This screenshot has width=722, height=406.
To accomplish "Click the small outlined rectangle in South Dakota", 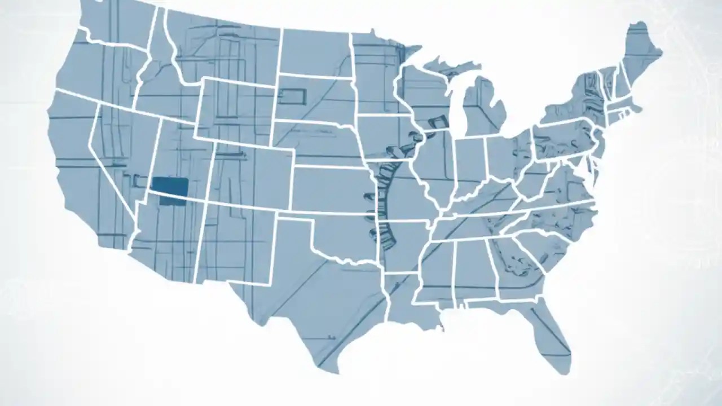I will pyautogui.click(x=292, y=97).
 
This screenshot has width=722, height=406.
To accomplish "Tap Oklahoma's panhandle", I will pyautogui.click(x=293, y=217).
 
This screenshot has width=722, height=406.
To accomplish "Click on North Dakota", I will pyautogui.click(x=316, y=51).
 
